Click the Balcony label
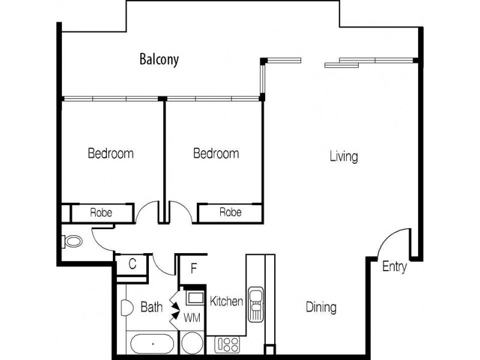159,59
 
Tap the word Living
344,157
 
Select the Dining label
321,308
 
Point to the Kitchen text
226,301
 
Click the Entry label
394,267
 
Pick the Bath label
151,308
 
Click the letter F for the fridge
193,268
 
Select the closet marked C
133,264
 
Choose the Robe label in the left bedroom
101,212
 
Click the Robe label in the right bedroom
230,212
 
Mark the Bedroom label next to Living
216,154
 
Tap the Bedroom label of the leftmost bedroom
110,154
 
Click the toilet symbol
71,242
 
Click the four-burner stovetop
227,344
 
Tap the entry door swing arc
393,243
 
